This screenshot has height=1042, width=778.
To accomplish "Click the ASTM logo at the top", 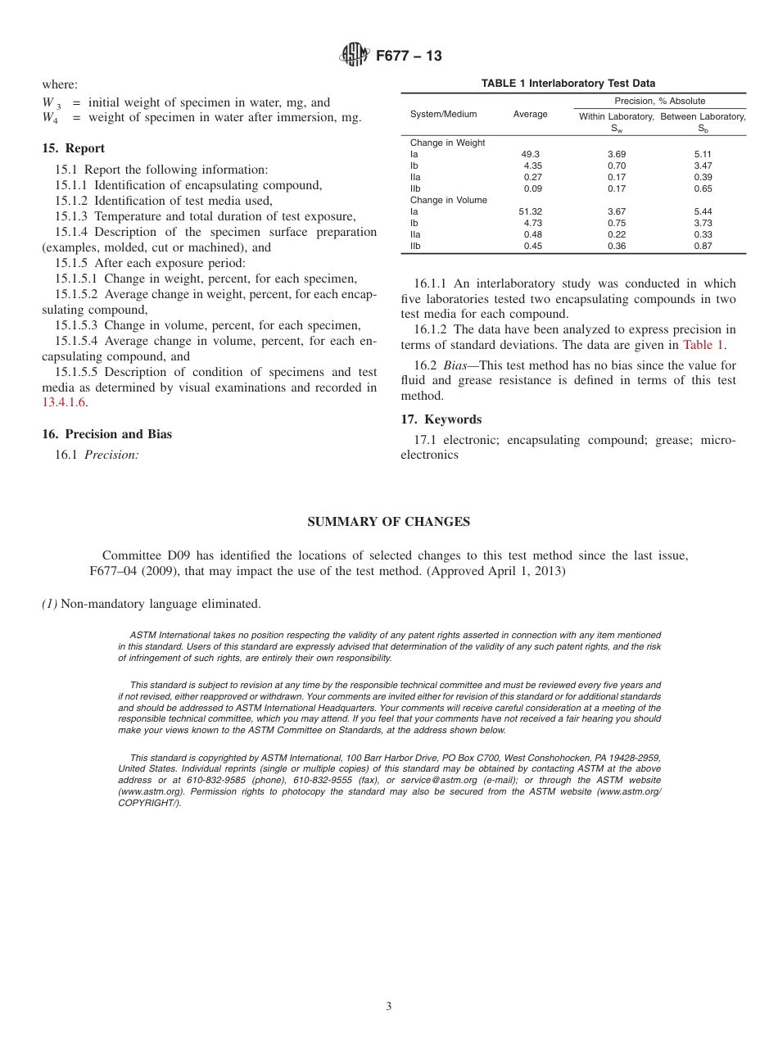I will [354, 56].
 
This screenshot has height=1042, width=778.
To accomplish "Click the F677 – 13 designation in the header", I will [409, 56].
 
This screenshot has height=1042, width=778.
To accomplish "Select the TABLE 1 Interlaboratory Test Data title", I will [568, 84].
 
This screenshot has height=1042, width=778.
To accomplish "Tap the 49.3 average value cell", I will [530, 154].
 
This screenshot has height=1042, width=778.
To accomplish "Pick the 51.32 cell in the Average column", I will [530, 211].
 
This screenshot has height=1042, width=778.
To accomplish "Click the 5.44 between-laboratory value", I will [703, 211].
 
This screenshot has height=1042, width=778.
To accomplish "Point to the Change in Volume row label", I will [448, 200].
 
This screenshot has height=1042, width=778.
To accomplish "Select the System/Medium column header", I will [443, 115].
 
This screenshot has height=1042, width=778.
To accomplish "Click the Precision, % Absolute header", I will [659, 101].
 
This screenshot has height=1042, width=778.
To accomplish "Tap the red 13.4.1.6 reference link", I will [64, 403].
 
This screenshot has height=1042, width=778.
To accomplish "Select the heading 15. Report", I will [73, 149].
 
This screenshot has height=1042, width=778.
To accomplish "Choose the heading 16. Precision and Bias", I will [106, 434].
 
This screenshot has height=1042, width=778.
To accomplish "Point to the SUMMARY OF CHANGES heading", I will [388, 522].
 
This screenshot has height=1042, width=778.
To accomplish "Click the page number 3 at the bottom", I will [389, 1007].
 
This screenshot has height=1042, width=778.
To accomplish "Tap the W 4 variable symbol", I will [50, 118].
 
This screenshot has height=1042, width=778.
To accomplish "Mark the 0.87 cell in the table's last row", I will [703, 246].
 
